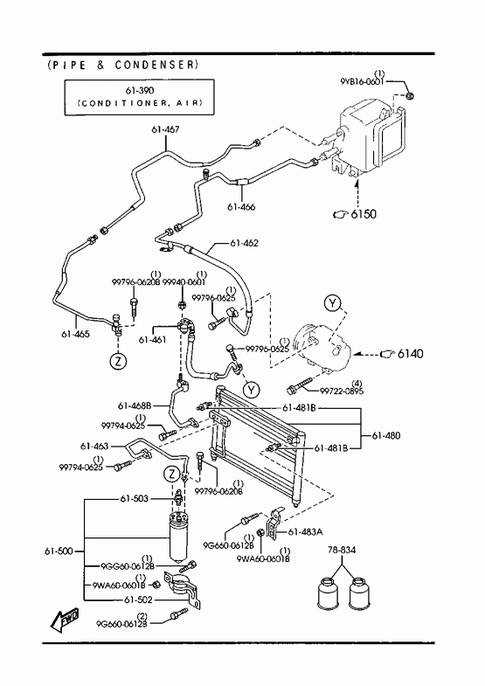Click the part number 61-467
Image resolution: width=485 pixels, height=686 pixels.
165,129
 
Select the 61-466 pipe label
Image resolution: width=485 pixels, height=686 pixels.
241,207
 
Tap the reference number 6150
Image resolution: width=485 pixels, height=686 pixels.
363,214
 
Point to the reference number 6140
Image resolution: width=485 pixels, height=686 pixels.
410,353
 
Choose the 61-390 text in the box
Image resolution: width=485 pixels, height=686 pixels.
140,91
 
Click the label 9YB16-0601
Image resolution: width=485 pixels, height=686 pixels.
362,82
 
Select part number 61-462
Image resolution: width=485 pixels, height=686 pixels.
244,243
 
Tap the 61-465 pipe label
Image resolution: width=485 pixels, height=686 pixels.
75,334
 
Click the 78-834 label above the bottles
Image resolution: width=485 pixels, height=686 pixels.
342,550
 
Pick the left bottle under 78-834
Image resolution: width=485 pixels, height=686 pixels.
327,593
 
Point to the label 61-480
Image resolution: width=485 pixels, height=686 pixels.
386,436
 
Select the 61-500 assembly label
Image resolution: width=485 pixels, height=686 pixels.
59,551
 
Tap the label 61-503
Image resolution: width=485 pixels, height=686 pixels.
135,499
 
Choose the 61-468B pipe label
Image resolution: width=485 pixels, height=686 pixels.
135,406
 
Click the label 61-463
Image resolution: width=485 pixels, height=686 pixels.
94,447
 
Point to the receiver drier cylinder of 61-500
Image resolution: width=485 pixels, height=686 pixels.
179,537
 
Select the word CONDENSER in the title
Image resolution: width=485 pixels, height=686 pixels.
155,66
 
